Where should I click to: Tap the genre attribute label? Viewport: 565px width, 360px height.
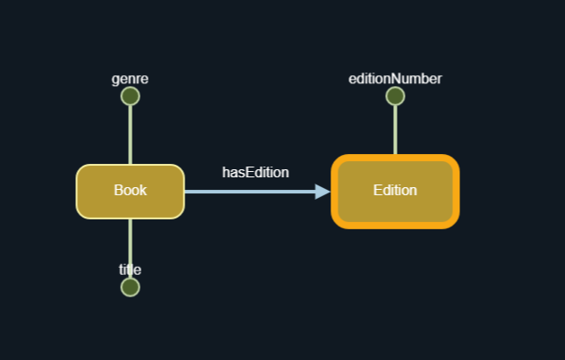coord(130,79)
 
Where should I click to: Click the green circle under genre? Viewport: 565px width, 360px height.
coord(130,96)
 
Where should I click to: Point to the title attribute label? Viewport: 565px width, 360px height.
coord(130,270)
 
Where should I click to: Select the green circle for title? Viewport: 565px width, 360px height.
coord(130,287)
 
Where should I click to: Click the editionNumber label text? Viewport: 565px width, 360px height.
coord(395,79)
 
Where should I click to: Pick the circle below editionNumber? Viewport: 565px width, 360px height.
coord(395,96)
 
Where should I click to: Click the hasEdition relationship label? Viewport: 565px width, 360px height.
coord(255,172)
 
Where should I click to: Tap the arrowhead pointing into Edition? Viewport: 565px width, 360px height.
coord(322,191)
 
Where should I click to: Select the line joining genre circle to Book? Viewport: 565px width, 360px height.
coord(130,134)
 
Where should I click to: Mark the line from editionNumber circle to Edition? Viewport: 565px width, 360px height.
coord(395,130)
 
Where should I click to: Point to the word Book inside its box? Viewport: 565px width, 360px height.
coord(130,190)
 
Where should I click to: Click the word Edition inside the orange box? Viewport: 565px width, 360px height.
coord(395,190)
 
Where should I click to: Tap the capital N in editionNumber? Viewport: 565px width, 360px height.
coord(397,79)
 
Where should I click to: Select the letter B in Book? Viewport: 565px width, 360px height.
coord(118,190)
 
